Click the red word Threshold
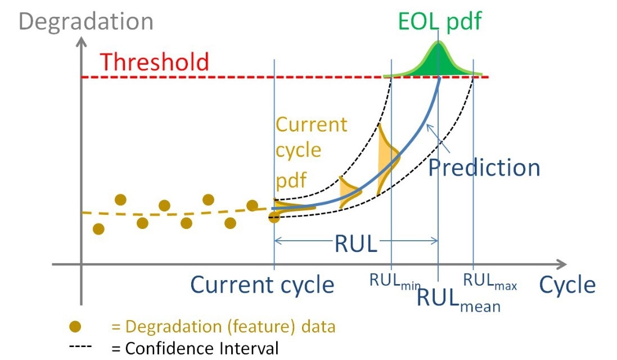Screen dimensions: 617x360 154,62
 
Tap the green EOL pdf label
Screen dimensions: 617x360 440,21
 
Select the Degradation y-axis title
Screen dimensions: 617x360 86,21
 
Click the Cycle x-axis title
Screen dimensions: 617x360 567,285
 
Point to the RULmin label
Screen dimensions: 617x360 395,281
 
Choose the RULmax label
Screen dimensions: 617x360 490,281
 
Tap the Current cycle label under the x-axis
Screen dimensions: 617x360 262,285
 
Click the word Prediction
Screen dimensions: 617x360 484,168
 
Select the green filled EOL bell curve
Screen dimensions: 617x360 438,63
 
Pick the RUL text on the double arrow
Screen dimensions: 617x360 355,244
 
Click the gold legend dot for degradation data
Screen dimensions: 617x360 75,326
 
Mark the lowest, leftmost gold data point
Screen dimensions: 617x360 98,229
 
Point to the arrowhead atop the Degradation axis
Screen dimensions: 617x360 81,41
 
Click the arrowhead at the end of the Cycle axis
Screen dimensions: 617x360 562,264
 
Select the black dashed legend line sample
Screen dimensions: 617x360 80,346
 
